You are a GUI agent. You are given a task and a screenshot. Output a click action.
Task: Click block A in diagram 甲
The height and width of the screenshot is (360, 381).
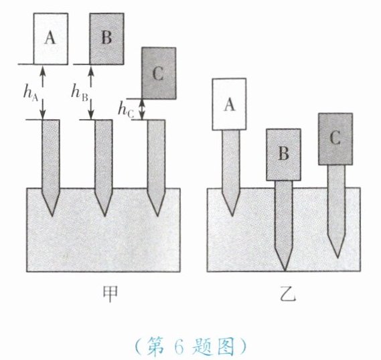(x=50, y=39)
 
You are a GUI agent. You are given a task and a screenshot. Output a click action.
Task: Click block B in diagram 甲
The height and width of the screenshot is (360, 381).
(x=106, y=39)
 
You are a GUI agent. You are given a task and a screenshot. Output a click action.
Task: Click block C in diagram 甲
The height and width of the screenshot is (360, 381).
(x=159, y=74)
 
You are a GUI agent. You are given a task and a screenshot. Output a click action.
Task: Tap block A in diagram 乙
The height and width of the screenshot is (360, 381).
(x=229, y=104)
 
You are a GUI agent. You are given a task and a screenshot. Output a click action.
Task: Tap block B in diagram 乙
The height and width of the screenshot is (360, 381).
(x=283, y=155)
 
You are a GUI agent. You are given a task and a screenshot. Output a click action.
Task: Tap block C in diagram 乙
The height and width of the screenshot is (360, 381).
(x=335, y=139)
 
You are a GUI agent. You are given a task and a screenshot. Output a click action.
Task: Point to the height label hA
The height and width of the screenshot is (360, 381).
(x=31, y=93)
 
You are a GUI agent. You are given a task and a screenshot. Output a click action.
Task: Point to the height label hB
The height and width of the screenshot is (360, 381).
(x=79, y=93)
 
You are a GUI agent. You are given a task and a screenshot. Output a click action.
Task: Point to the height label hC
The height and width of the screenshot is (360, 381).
(x=126, y=110)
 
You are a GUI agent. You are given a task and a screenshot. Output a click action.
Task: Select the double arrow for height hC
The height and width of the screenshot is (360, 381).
(x=142, y=110)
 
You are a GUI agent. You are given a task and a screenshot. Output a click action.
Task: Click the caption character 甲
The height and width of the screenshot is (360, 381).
(x=110, y=294)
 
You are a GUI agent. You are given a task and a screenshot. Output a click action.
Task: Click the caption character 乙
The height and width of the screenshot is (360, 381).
(x=288, y=294)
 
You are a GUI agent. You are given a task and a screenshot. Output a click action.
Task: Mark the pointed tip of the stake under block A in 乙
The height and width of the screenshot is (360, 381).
(x=232, y=216)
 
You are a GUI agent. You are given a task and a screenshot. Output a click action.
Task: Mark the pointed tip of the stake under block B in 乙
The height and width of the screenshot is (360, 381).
(x=285, y=271)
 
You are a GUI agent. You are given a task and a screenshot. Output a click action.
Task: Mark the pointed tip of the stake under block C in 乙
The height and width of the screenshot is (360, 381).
(x=337, y=258)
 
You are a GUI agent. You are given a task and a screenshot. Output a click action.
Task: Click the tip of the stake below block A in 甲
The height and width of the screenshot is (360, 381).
(x=52, y=216)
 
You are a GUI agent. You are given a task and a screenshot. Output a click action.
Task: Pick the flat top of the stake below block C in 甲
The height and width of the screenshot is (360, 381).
(x=157, y=120)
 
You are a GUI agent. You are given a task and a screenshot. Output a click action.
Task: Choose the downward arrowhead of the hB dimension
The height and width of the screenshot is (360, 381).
(x=91, y=116)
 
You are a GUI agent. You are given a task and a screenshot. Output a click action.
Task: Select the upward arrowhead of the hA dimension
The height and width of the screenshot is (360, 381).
(x=43, y=70)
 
